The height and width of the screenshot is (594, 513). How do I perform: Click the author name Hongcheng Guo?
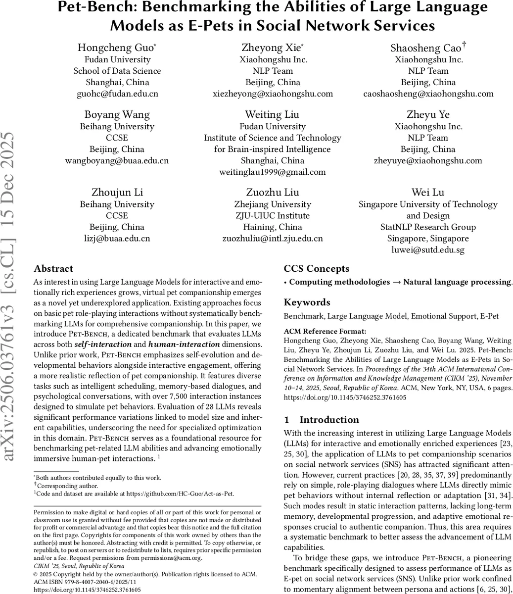(x=117, y=48)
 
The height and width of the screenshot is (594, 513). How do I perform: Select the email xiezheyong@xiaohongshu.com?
(x=273, y=94)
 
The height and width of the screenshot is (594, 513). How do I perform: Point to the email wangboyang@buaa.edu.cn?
(x=117, y=160)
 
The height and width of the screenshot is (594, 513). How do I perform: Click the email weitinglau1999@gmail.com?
(x=273, y=172)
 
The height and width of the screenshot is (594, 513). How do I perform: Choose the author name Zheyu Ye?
(x=428, y=115)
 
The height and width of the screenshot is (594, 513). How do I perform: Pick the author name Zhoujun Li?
(x=117, y=193)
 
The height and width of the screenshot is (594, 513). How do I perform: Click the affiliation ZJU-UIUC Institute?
(x=273, y=216)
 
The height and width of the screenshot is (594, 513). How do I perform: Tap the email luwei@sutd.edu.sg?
(x=428, y=249)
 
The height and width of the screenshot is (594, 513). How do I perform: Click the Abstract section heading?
(x=53, y=269)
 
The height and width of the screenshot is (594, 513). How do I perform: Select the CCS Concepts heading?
(x=316, y=269)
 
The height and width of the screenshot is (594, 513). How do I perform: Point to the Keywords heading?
(x=307, y=302)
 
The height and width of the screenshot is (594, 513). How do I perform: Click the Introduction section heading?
(x=328, y=420)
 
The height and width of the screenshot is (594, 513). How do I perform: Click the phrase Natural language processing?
(x=457, y=282)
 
